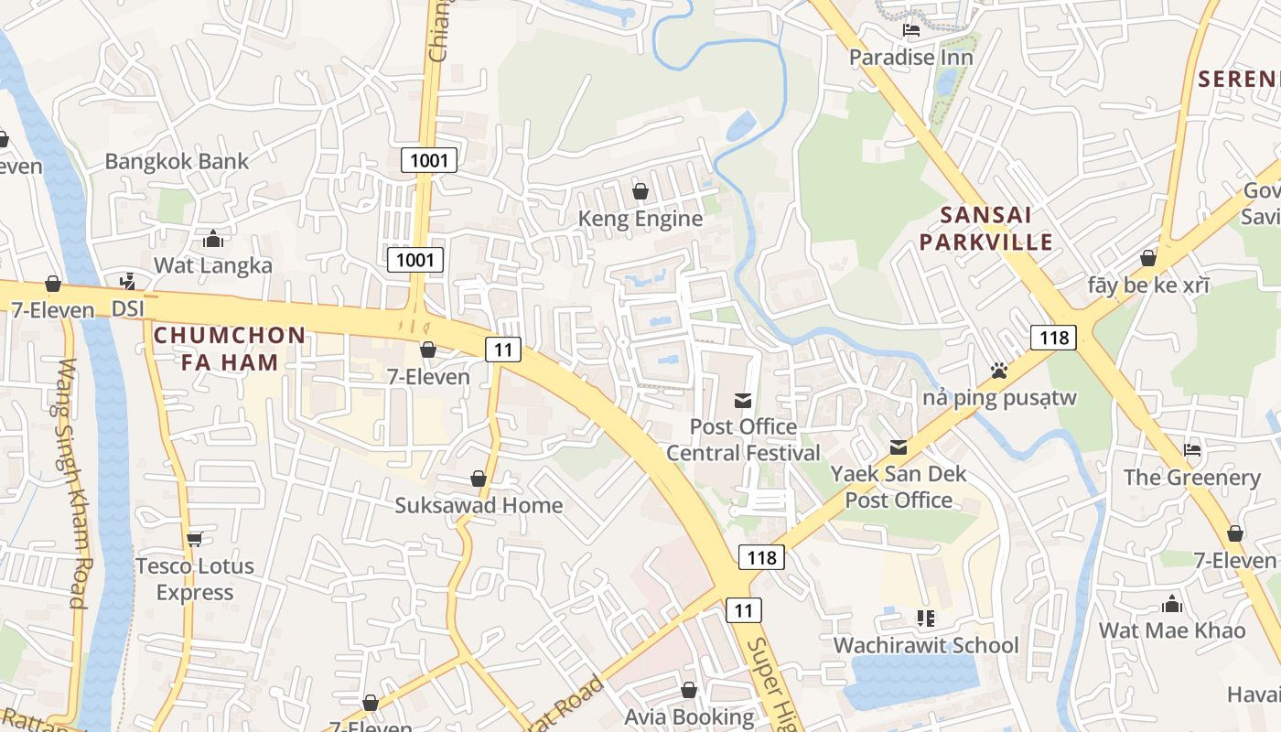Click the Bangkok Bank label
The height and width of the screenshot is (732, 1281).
pyautogui.click(x=177, y=162)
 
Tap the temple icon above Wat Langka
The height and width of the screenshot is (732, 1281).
pyautogui.click(x=213, y=239)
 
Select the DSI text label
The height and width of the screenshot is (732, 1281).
pyautogui.click(x=128, y=309)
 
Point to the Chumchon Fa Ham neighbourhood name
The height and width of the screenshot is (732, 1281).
pyautogui.click(x=229, y=349)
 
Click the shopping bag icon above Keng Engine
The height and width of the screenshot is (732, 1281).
pyautogui.click(x=640, y=191)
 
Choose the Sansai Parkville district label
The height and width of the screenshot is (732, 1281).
pyautogui.click(x=986, y=229)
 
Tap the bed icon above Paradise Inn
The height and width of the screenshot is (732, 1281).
pyautogui.click(x=910, y=30)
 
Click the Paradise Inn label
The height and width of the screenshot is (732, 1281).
pyautogui.click(x=910, y=58)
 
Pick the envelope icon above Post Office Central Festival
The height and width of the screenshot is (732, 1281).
pyautogui.click(x=743, y=400)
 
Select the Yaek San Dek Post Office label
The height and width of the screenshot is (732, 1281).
pyautogui.click(x=899, y=487)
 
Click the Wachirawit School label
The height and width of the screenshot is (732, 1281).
pyautogui.click(x=925, y=645)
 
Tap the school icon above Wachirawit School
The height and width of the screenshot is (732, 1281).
pyautogui.click(x=925, y=619)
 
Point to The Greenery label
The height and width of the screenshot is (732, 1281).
pyautogui.click(x=1191, y=478)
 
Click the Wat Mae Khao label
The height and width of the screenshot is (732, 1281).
pyautogui.click(x=1171, y=630)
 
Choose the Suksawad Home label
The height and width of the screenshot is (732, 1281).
pyautogui.click(x=479, y=505)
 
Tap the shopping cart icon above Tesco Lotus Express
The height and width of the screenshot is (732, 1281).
pyautogui.click(x=194, y=539)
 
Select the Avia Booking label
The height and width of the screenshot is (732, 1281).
pyautogui.click(x=689, y=716)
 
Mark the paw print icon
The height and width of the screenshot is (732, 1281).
pyautogui.click(x=999, y=371)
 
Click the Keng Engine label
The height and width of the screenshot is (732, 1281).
pyautogui.click(x=640, y=219)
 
